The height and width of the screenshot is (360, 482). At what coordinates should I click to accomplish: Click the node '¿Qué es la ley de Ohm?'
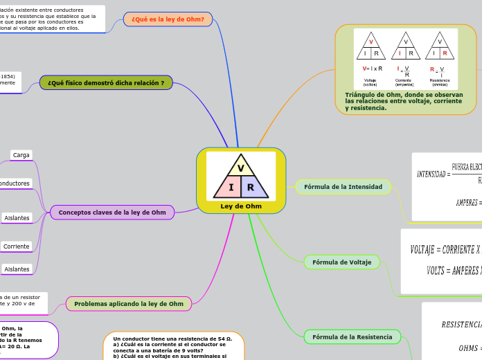pyautogui.click(x=167, y=19)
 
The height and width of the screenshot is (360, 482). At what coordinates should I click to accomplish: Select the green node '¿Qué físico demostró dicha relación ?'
pyautogui.click(x=106, y=83)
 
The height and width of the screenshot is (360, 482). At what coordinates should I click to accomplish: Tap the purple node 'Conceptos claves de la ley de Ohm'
pyautogui.click(x=112, y=213)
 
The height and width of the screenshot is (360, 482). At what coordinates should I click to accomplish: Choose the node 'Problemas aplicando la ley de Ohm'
pyautogui.click(x=129, y=304)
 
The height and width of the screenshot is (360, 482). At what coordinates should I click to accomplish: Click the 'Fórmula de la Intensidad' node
pyautogui.click(x=343, y=187)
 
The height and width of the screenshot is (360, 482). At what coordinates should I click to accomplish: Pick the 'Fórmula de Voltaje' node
pyautogui.click(x=341, y=262)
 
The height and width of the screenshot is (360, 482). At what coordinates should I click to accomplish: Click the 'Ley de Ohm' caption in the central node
pyautogui.click(x=241, y=206)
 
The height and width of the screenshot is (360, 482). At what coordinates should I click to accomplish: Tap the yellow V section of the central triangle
pyautogui.click(x=241, y=168)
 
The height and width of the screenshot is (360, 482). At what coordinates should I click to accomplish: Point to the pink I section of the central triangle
pyautogui.click(x=231, y=188)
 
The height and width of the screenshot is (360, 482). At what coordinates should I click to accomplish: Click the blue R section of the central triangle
pyautogui.click(x=251, y=188)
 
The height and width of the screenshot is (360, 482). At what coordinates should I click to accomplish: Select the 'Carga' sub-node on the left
pyautogui.click(x=21, y=155)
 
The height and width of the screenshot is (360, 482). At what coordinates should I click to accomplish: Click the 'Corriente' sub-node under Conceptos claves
pyautogui.click(x=17, y=246)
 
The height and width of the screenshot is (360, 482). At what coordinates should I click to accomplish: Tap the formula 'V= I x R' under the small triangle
pyautogui.click(x=372, y=69)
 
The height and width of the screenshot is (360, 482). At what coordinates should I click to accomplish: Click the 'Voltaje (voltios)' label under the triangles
pyautogui.click(x=371, y=82)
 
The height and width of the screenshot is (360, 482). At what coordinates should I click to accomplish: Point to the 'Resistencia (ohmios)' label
pyautogui.click(x=440, y=82)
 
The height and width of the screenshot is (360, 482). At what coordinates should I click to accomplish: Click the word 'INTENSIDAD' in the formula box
pyautogui.click(x=431, y=174)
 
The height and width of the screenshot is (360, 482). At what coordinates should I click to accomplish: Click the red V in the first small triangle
pyautogui.click(x=371, y=42)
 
